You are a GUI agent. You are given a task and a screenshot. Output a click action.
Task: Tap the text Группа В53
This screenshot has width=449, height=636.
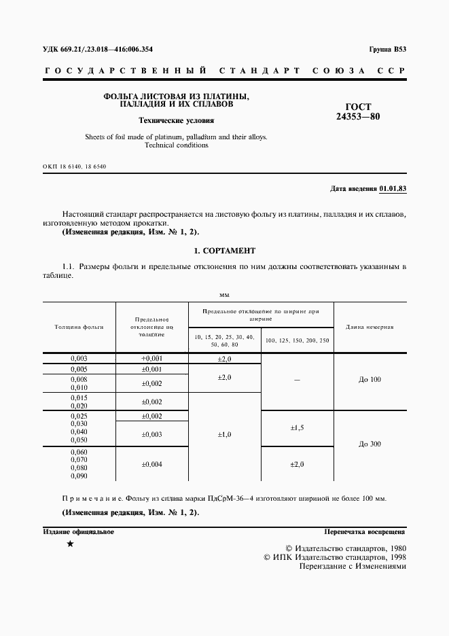388,50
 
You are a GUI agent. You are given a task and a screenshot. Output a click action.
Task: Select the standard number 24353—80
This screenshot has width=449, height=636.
358,116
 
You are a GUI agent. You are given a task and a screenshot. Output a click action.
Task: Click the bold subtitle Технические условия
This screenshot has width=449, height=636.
176,121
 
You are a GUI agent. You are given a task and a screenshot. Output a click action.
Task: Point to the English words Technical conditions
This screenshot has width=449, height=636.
176,145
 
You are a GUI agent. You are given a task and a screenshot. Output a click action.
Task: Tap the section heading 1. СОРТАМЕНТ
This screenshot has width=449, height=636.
224,251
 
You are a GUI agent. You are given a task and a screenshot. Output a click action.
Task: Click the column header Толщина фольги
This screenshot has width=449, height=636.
79,327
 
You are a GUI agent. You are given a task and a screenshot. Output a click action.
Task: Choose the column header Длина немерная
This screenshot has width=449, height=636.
370,327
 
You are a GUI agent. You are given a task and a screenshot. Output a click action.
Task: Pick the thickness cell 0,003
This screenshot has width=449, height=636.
79,358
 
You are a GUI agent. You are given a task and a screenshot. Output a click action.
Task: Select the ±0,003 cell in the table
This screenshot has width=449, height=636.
151,434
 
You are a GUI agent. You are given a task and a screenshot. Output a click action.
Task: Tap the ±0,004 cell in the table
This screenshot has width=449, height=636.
151,464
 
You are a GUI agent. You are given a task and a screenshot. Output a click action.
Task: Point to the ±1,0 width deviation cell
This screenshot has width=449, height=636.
224,434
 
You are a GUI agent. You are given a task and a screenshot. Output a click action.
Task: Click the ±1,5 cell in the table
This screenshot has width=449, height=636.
297,428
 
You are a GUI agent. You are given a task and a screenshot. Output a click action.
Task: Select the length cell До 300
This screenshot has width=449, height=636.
370,444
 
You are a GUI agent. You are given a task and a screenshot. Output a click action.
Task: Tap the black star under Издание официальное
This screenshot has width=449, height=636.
69,545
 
